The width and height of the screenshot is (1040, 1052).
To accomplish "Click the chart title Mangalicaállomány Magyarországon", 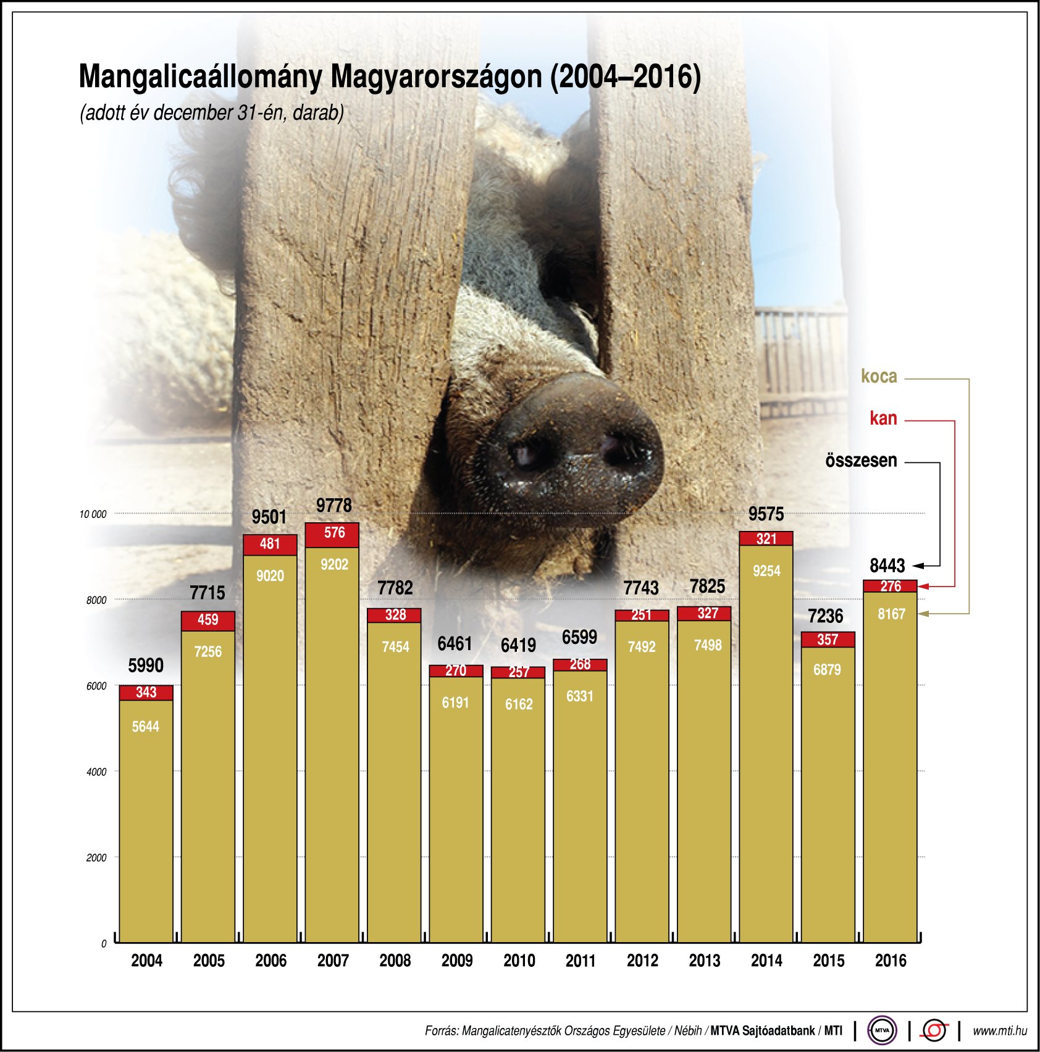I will (389, 77).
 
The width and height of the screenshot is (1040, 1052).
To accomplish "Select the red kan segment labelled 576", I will (333, 533).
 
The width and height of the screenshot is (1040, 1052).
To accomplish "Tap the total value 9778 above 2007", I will (333, 506).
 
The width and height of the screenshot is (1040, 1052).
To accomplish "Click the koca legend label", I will (879, 377).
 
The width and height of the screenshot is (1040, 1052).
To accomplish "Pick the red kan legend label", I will (883, 419).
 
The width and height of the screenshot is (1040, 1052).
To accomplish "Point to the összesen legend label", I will (861, 461).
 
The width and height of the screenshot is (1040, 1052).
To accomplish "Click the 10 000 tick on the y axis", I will (93, 514).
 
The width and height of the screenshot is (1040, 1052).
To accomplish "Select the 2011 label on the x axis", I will (581, 961).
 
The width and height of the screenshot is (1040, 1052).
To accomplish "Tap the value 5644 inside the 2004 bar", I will (146, 727).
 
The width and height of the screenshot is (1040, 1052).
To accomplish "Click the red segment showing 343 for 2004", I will (146, 693).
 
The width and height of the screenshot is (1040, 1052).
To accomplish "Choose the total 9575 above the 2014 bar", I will (766, 514).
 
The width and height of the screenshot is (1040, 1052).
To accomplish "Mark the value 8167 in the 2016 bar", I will (891, 614).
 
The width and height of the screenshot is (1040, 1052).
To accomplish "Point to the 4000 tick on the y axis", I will (96, 772).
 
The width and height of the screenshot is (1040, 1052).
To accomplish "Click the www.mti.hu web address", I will (999, 1031).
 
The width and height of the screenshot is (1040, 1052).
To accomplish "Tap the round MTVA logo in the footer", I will (882, 1030).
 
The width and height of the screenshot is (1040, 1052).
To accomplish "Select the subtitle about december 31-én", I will (212, 113).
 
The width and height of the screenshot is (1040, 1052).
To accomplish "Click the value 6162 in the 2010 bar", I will (518, 704).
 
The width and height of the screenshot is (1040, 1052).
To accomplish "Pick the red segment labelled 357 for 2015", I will (828, 640).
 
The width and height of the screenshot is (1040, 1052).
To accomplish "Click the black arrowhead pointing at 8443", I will (918, 566).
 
